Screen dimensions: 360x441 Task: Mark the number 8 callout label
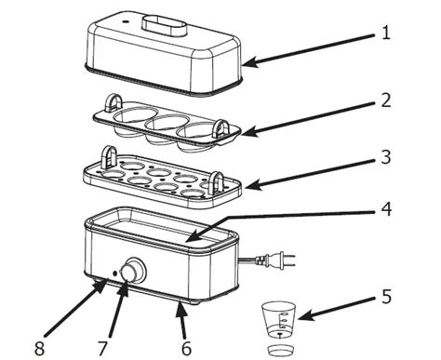click(38, 348)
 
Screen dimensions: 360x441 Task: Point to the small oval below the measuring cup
click(277, 350)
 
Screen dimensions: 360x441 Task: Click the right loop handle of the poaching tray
click(221, 127)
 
